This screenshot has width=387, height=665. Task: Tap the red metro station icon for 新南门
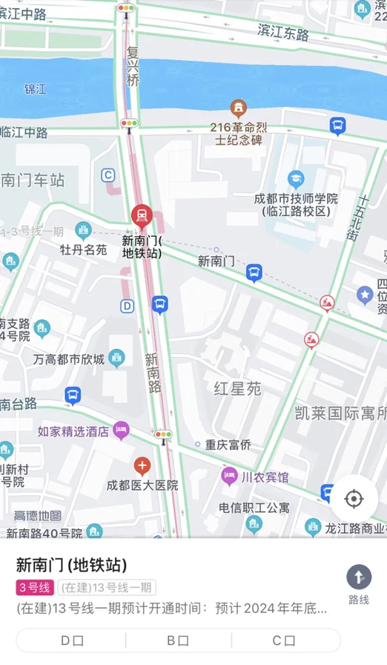point(141,216)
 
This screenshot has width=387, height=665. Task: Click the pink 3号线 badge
point(34,588)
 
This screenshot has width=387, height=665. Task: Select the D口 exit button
point(72,641)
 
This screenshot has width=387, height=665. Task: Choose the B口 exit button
point(178,641)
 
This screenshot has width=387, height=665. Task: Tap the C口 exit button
point(284,641)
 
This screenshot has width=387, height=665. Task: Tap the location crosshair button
point(354,499)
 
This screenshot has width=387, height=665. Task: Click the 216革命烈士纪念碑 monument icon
point(238,107)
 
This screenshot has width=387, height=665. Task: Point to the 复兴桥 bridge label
point(133,65)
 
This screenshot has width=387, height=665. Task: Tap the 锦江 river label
point(36,89)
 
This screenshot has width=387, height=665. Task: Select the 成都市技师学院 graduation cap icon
point(296,179)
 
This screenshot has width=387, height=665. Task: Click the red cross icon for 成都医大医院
point(142,466)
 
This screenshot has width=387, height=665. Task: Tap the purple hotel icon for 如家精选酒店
point(121,430)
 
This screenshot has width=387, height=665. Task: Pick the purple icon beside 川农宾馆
point(230,476)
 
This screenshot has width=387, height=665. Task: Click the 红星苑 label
point(237,389)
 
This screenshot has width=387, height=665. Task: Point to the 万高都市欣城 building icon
point(116,358)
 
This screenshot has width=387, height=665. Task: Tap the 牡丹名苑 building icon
point(82,230)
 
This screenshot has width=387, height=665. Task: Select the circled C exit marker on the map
point(108,175)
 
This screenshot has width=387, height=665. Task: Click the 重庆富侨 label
point(228,445)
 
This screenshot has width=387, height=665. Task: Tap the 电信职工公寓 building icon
point(254,525)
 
